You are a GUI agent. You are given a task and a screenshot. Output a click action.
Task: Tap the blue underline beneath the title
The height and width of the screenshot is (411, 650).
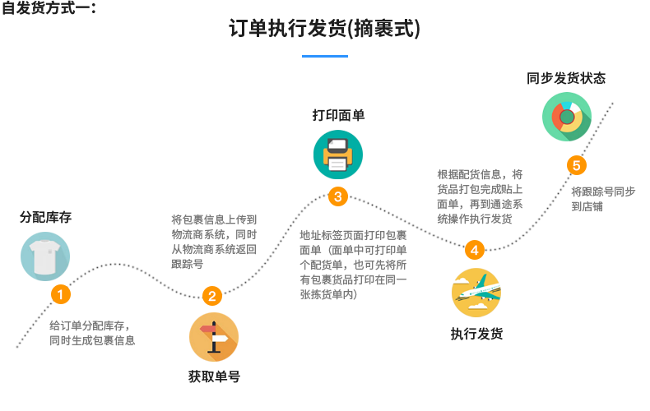click(x=324, y=56)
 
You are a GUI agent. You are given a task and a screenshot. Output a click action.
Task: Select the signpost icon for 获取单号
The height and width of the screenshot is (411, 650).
click(x=214, y=336)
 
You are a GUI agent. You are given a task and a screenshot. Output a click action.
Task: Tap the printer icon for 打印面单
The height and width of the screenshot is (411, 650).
click(x=337, y=154)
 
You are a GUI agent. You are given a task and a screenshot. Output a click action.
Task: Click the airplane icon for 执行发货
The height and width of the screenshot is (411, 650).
click(x=476, y=293)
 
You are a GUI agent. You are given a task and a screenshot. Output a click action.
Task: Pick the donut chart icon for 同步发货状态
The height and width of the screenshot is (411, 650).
click(x=566, y=116)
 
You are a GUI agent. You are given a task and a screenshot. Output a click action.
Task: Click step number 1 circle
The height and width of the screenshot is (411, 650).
click(x=59, y=293)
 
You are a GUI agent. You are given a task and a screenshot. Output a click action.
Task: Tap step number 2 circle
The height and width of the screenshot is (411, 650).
click(x=211, y=296)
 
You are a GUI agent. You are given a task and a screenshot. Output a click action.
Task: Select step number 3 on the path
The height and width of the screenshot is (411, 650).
click(x=338, y=196)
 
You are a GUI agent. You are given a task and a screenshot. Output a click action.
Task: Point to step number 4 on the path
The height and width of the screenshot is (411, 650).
click(x=475, y=250)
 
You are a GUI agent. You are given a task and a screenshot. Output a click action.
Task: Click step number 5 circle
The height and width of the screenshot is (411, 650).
click(x=576, y=166)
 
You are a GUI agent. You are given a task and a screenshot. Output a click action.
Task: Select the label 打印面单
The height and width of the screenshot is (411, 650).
click(x=338, y=115)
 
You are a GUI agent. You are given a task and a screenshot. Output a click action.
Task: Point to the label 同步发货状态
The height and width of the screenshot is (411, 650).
click(x=566, y=79)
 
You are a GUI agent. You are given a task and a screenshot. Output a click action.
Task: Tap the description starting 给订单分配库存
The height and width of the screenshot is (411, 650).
click(x=91, y=331)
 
